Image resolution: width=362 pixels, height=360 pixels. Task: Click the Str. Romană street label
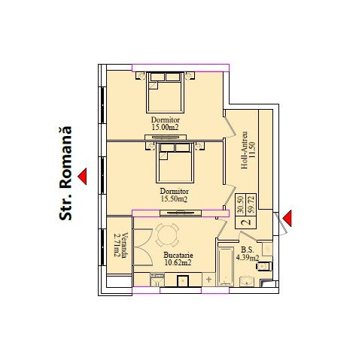(x=65, y=174)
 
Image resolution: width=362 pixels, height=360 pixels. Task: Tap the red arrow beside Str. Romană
(x=82, y=177)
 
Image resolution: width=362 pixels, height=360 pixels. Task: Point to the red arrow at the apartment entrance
(x=287, y=218)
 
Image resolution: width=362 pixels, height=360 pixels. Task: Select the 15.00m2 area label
(x=165, y=127)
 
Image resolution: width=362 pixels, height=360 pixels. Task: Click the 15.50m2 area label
(x=174, y=199)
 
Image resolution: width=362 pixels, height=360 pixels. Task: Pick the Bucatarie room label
(x=178, y=256)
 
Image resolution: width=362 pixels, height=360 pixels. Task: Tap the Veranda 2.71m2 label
(x=120, y=246)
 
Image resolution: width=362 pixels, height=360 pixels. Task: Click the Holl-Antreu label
(x=244, y=150)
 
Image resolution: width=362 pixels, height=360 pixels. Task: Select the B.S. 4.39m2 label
(x=248, y=254)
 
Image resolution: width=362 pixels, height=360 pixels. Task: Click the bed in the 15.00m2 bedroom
(x=166, y=92)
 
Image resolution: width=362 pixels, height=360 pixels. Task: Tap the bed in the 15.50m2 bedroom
(x=175, y=162)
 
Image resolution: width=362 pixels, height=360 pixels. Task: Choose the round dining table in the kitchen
(x=168, y=234)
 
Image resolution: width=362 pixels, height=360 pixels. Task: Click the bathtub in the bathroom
(x=226, y=266)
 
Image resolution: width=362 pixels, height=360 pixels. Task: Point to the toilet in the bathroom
(x=263, y=266)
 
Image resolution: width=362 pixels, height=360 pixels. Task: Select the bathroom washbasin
(x=247, y=282)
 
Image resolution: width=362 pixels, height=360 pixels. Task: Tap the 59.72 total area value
(x=251, y=204)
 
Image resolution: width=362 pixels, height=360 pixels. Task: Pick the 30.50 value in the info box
(x=241, y=204)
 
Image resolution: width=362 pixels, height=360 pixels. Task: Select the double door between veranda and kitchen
(x=143, y=247)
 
